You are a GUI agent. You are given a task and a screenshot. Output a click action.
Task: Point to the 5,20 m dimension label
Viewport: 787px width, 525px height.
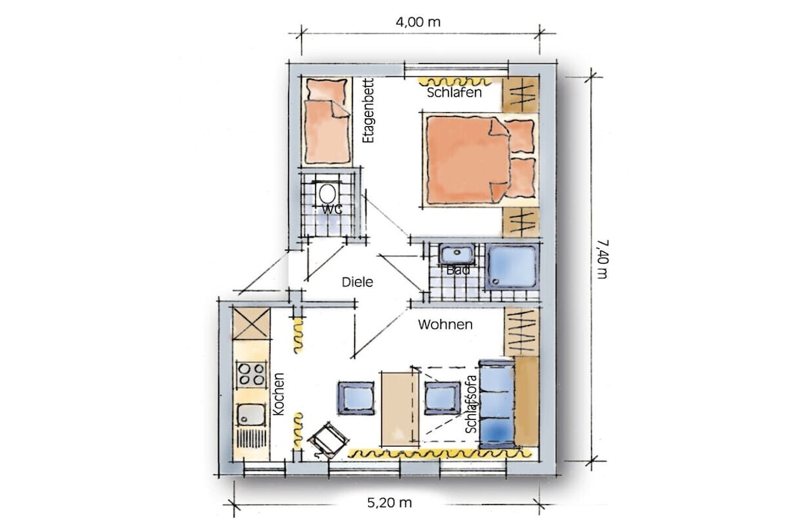click(x=390, y=503)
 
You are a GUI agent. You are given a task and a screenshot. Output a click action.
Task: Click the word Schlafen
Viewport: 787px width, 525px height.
click(x=454, y=92)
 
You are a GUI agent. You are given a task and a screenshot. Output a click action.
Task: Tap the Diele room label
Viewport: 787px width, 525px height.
click(x=357, y=282)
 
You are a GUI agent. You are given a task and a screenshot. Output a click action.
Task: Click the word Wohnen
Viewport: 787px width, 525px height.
click(x=445, y=324)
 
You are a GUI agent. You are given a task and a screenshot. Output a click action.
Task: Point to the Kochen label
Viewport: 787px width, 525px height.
click(x=278, y=394)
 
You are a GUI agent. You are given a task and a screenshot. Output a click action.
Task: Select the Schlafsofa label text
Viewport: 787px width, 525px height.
click(x=471, y=404)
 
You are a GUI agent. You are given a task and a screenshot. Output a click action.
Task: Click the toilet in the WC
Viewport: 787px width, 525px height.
click(x=327, y=193)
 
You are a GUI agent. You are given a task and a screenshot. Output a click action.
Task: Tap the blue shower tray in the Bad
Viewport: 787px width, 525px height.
click(x=511, y=267)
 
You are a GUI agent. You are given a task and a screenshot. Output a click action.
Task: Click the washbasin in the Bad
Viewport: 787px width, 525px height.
click(x=457, y=254)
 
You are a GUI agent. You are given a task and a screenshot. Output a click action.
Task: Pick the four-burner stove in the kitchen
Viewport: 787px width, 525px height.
click(x=251, y=374)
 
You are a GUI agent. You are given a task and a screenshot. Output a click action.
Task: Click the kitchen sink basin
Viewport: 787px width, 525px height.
click(x=251, y=415)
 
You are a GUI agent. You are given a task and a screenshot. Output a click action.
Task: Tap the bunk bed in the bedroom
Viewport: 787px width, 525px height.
click(x=327, y=121)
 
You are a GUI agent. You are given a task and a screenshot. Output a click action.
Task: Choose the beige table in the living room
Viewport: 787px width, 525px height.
click(x=400, y=408)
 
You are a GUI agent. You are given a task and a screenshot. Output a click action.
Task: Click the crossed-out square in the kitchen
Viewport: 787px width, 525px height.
click(x=251, y=324)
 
